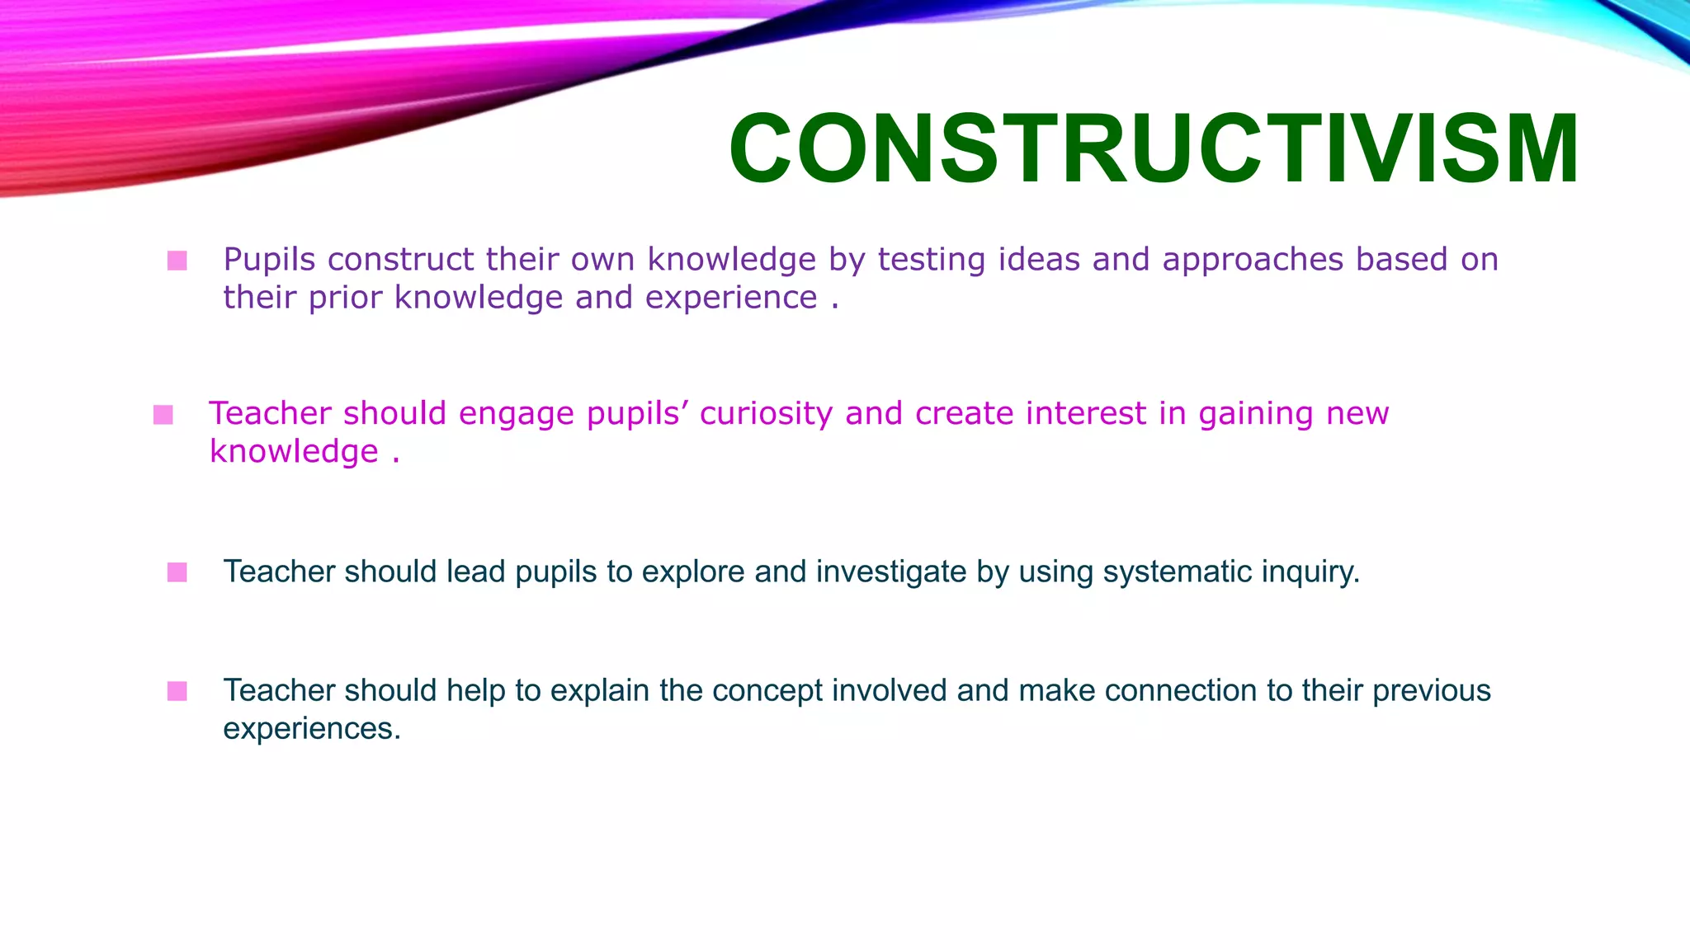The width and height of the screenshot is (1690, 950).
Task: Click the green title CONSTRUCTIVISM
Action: pyautogui.click(x=1154, y=149)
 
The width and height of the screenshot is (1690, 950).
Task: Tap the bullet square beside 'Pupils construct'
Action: pyautogui.click(x=177, y=261)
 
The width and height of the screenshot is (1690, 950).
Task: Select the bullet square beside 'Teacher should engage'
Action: pyautogui.click(x=163, y=414)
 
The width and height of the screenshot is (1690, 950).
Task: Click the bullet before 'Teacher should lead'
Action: pyautogui.click(x=177, y=572)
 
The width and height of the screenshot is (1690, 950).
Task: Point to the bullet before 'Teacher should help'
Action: pyautogui.click(x=177, y=691)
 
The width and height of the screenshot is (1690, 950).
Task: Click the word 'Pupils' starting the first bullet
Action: pyautogui.click(x=270, y=260)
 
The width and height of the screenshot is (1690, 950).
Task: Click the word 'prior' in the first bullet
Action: pyautogui.click(x=345, y=298)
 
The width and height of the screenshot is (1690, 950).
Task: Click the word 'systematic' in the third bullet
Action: pyautogui.click(x=1166, y=571)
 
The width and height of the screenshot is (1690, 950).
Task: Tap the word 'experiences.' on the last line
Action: pyautogui.click(x=312, y=729)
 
